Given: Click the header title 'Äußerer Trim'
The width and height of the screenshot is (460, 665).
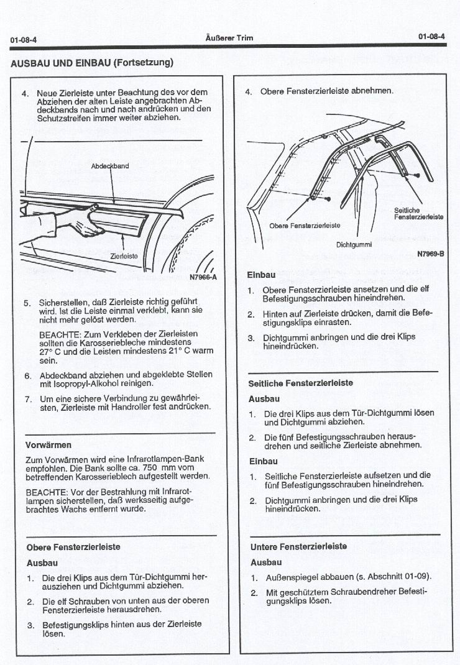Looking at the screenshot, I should click(x=229, y=38).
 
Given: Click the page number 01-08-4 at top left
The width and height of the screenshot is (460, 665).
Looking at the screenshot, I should click(x=23, y=40).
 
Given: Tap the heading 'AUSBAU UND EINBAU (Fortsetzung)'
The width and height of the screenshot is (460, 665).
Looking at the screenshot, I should click(x=92, y=63).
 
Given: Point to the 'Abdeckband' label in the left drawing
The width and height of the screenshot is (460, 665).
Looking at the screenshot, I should click(x=110, y=166).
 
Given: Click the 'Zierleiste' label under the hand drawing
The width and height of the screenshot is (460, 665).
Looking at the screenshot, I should click(x=124, y=255).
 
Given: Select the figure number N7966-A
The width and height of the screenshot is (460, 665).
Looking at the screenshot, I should click(x=203, y=277).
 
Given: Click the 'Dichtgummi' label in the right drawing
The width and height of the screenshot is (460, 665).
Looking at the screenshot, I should click(x=354, y=244).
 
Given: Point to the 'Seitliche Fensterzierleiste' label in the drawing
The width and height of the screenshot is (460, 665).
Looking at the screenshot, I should click(x=418, y=214).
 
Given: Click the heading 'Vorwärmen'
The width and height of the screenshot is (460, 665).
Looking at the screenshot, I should click(x=48, y=445).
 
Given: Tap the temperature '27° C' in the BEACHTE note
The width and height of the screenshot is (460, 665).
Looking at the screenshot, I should click(x=50, y=351).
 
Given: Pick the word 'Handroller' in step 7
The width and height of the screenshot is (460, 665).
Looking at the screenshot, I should click(x=132, y=406).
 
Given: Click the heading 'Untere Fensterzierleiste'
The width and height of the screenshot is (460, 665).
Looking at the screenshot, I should click(x=298, y=546).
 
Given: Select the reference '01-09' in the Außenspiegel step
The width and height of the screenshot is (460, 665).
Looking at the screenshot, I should click(x=416, y=577).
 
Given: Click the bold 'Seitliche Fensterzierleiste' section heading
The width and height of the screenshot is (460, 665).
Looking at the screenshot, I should click(x=300, y=383).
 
